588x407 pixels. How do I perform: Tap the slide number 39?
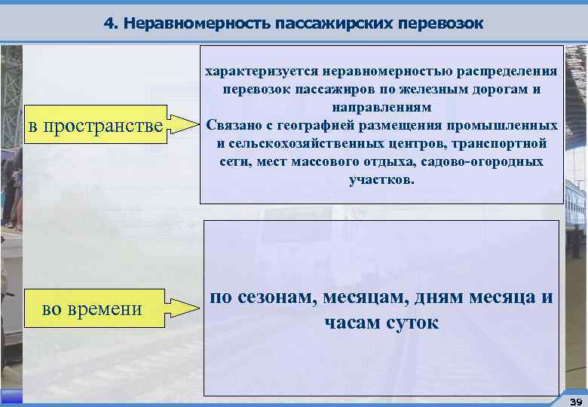click(575, 400)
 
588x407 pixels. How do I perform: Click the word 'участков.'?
click(381, 180)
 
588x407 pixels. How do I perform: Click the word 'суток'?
click(413, 323)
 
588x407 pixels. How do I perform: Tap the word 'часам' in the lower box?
click(353, 323)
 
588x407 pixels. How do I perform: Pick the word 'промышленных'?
click(512, 125)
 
